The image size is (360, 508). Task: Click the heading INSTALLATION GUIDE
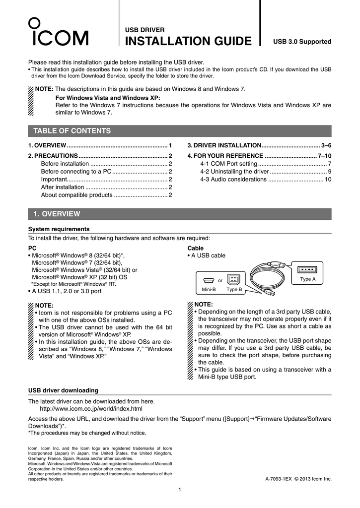coord(188,41)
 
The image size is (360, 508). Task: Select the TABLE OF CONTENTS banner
coord(72,131)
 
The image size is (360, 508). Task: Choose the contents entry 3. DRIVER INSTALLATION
coord(259,145)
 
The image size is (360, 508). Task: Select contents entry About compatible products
coord(106,195)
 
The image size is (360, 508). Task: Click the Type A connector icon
coord(307,270)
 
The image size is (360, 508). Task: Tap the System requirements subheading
coord(59,229)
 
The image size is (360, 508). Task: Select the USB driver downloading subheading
coord(63,390)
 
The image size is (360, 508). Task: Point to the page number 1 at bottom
coord(180,491)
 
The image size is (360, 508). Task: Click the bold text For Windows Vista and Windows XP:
coord(108,98)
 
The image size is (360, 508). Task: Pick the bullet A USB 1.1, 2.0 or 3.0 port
coord(67,291)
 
